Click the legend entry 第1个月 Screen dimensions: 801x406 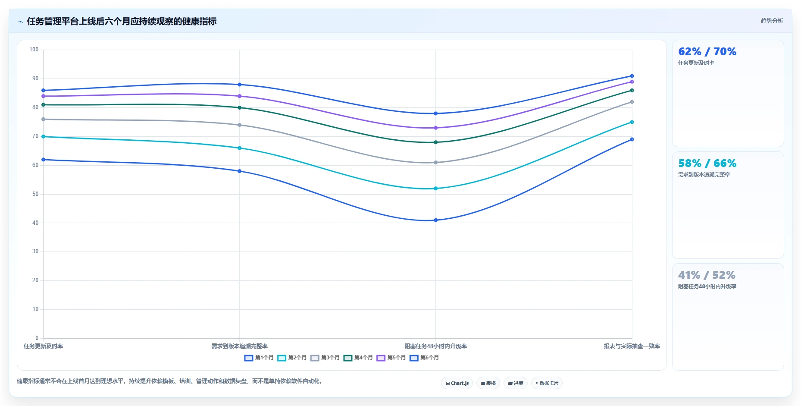259,358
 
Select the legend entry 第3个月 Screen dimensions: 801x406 325,358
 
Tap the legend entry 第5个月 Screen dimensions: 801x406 391,358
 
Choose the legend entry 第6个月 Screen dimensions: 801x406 424,358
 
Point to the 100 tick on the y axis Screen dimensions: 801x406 34,50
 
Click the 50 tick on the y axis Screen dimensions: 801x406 35,194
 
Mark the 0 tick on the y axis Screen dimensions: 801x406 37,338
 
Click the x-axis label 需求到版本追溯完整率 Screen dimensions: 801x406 240,346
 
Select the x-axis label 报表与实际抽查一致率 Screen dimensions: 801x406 632,346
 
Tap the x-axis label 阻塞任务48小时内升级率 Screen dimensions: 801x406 435,346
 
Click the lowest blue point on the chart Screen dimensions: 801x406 436,220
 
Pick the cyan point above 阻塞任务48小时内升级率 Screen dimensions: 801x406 436,189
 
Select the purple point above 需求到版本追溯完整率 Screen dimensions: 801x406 240,96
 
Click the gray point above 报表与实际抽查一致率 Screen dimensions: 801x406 632,102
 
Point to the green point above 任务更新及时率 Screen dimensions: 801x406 44,105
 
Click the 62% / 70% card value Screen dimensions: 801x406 707,52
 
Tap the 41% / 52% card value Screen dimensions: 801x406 707,275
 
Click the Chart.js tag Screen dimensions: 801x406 457,383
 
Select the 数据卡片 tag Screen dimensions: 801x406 547,383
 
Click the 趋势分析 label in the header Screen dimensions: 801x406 772,21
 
